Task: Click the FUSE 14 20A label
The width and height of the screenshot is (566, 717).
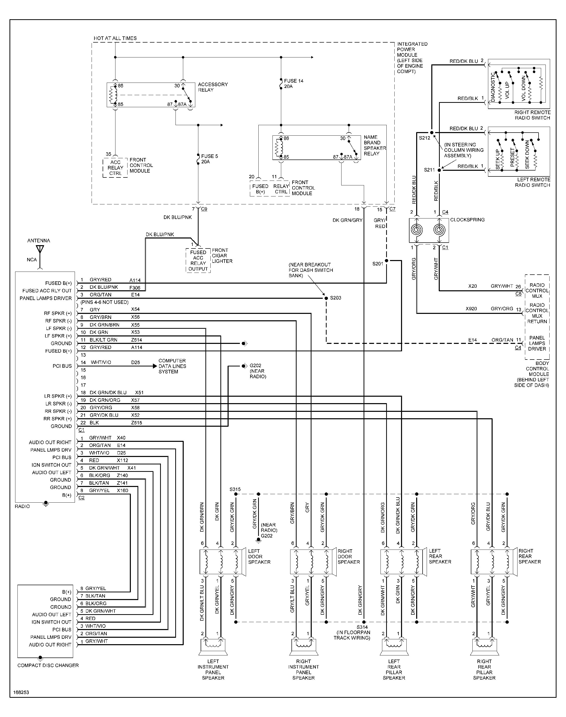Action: [x=293, y=83]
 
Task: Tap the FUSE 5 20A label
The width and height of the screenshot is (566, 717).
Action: [x=209, y=159]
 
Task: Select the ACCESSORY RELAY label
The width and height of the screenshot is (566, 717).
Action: [x=213, y=87]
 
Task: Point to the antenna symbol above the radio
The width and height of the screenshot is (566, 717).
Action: [x=40, y=249]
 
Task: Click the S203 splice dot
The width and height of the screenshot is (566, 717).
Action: [x=326, y=298]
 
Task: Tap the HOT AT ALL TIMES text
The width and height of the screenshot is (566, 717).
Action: [x=115, y=38]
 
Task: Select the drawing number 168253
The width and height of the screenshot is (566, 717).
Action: [x=21, y=692]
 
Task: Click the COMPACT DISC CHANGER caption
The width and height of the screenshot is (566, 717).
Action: [x=48, y=665]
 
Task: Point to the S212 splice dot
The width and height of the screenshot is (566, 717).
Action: [x=432, y=133]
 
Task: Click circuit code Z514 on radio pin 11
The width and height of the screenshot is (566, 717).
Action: [x=136, y=340]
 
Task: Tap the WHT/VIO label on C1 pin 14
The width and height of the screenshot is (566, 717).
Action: [x=101, y=362]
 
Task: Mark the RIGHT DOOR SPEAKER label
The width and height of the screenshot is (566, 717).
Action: [x=349, y=556]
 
